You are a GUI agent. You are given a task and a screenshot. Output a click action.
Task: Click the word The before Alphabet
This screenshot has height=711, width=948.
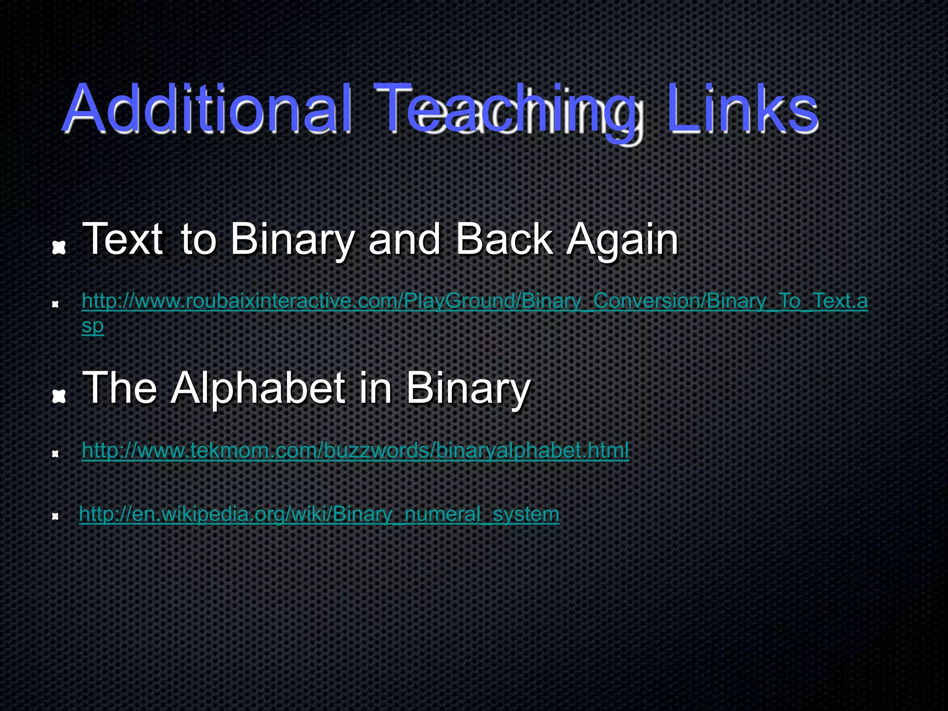coord(119,387)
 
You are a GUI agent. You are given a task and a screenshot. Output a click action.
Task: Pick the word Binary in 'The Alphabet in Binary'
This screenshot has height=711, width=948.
coord(468,389)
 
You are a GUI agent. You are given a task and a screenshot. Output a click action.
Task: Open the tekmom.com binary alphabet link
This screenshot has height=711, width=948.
coord(355,450)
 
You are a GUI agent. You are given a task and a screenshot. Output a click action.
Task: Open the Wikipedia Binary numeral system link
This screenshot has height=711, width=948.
coord(319,514)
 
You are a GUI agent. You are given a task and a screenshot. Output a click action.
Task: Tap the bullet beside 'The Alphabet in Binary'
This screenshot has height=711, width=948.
coord(58,397)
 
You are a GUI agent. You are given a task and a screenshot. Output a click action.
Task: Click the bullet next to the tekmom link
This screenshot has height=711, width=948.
coord(55,454)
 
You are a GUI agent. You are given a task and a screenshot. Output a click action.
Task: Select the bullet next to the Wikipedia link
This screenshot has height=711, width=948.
coord(55,517)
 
